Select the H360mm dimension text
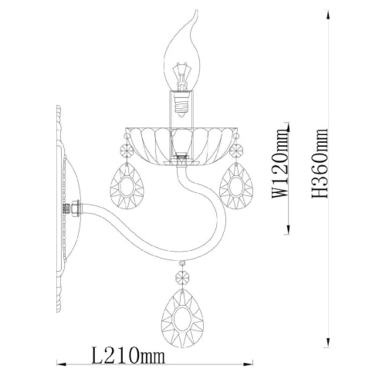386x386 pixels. tap(320, 163)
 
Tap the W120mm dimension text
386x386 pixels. tap(279, 163)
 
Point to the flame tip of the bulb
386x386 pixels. tap(197, 11)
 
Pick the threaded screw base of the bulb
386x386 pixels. tap(181, 104)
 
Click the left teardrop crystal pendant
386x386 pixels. tap(127, 186)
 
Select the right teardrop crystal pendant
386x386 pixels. tap(236, 186)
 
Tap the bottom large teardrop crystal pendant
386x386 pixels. tap(182, 317)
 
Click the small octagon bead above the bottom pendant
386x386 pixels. tap(182, 277)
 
